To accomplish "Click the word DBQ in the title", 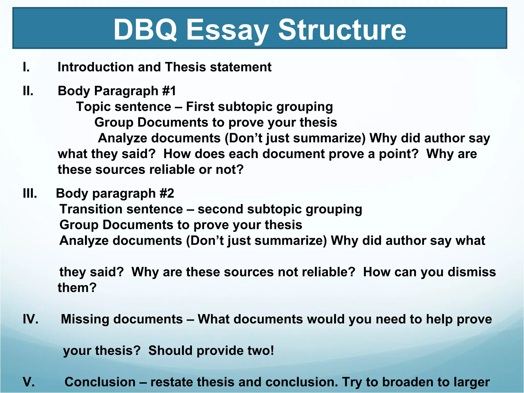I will (145, 30).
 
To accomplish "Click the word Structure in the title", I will (342, 30).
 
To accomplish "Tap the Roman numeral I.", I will (26, 67).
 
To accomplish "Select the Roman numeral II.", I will (28, 91).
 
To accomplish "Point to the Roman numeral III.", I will (30, 193).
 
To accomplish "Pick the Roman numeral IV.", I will (30, 319).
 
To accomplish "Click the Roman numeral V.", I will (29, 382).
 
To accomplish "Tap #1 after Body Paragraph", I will (169, 91).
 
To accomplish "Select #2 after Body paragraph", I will (167, 193).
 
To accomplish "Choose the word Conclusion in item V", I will (100, 382).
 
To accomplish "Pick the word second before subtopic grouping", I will (220, 209).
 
